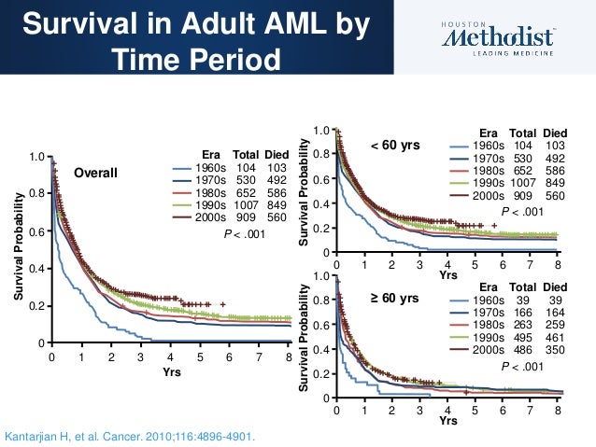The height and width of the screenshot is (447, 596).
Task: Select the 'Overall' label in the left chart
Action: pyautogui.click(x=96, y=173)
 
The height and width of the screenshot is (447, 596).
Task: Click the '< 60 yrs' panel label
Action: pyautogui.click(x=394, y=146)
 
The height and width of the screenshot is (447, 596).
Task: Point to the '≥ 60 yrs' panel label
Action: pyautogui.click(x=394, y=299)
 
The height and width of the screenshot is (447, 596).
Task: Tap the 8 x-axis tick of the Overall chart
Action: pyautogui.click(x=290, y=356)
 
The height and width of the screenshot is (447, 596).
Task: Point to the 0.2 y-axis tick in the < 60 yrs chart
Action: pyautogui.click(x=321, y=228)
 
